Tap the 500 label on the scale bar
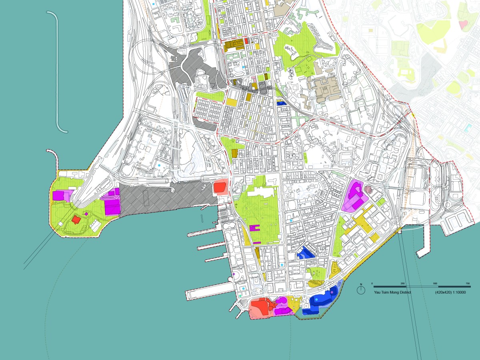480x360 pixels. [x=435, y=283]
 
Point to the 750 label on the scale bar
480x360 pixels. [x=467, y=283]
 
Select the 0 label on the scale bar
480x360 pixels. [x=372, y=283]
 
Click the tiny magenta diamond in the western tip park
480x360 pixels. [x=86, y=214]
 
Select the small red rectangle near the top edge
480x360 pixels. [x=246, y=40]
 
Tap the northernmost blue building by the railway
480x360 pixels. [x=282, y=103]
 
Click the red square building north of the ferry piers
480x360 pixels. [x=220, y=187]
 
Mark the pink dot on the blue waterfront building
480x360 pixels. [x=332, y=293]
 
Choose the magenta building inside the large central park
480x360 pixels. [x=255, y=228]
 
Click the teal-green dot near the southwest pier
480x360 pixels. [x=240, y=295]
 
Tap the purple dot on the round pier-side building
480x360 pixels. [x=233, y=274]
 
